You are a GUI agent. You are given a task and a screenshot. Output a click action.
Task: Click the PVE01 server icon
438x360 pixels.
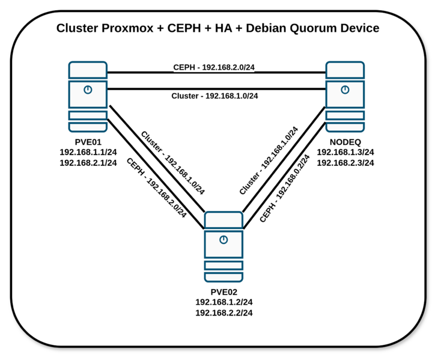point(88,96)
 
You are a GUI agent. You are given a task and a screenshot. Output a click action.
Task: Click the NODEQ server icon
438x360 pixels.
point(345,96)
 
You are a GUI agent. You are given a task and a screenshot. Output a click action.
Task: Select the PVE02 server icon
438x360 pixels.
point(224,246)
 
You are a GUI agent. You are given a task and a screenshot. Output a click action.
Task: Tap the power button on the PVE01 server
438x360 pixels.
point(88,90)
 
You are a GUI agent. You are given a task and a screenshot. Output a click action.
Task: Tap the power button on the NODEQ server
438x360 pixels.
point(345,90)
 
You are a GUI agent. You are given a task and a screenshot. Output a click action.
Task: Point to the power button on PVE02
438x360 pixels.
point(224,239)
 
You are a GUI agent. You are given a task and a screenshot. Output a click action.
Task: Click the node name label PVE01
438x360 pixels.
point(88,142)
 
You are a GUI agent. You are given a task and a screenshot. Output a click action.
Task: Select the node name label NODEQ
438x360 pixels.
point(345,142)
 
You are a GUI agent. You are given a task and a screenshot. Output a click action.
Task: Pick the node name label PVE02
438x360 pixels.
point(224,291)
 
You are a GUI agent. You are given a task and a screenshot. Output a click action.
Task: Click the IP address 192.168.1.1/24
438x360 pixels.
point(88,152)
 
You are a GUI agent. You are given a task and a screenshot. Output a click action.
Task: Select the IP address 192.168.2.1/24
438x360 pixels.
point(88,163)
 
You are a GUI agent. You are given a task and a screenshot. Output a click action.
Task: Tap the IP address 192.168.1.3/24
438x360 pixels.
point(345,152)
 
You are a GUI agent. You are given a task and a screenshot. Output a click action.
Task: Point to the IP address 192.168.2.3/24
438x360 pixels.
point(345,163)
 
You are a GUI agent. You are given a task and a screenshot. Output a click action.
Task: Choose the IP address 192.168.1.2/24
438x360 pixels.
point(224,302)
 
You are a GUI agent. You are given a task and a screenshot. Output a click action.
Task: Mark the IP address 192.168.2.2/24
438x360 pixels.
point(224,313)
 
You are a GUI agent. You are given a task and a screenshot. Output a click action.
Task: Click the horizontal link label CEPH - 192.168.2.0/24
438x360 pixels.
point(214,68)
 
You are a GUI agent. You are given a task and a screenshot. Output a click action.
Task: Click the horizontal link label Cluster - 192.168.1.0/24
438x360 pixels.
point(214,96)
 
